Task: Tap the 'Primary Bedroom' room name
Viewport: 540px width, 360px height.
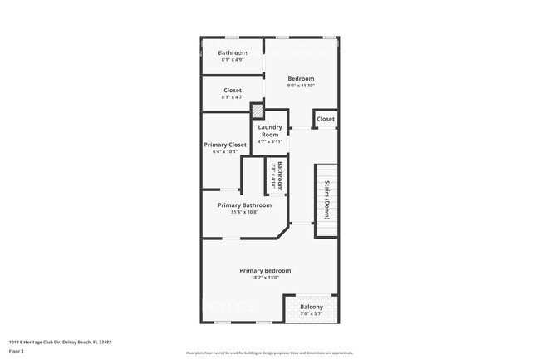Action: point(265,270)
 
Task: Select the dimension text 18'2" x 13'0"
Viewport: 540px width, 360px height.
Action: point(265,278)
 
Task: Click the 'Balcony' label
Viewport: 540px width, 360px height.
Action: point(312,307)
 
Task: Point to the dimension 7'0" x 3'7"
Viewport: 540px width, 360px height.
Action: point(312,313)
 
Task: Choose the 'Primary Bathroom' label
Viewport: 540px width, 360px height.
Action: point(244,205)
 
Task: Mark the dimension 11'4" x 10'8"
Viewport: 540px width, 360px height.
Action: point(244,212)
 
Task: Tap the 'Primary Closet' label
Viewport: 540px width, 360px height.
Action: point(224,145)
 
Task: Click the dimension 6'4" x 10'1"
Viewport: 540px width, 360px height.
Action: point(224,151)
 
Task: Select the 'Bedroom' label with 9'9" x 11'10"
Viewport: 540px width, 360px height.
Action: point(301,79)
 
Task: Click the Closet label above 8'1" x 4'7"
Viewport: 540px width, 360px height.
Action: point(233,91)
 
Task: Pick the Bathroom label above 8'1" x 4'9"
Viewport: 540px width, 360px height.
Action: point(233,53)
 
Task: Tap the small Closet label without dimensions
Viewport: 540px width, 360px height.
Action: point(326,119)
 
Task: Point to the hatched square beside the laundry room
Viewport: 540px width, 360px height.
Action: point(258,111)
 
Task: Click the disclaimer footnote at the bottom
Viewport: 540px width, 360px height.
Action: point(270,353)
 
